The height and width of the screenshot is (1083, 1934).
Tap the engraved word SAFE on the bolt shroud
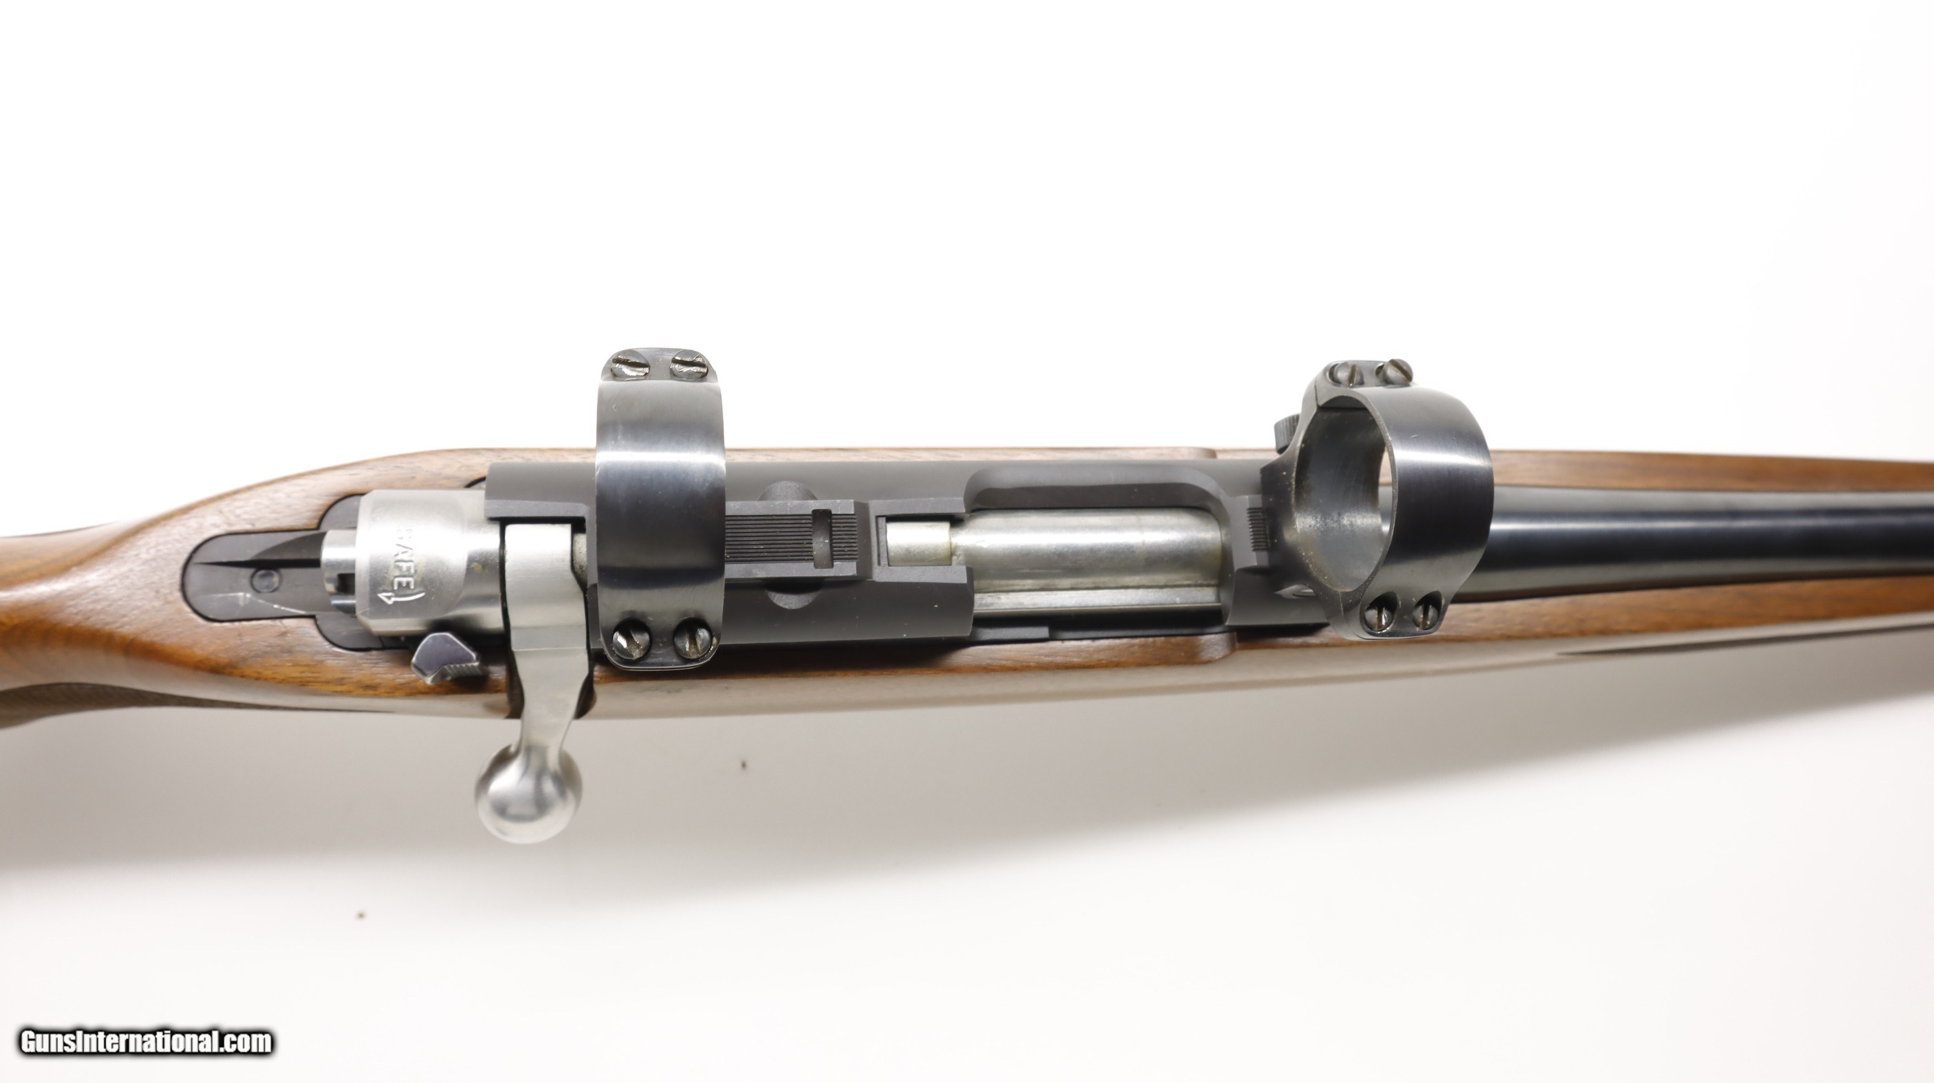pyautogui.click(x=405, y=559)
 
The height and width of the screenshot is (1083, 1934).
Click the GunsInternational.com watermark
pyautogui.click(x=146, y=1042)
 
